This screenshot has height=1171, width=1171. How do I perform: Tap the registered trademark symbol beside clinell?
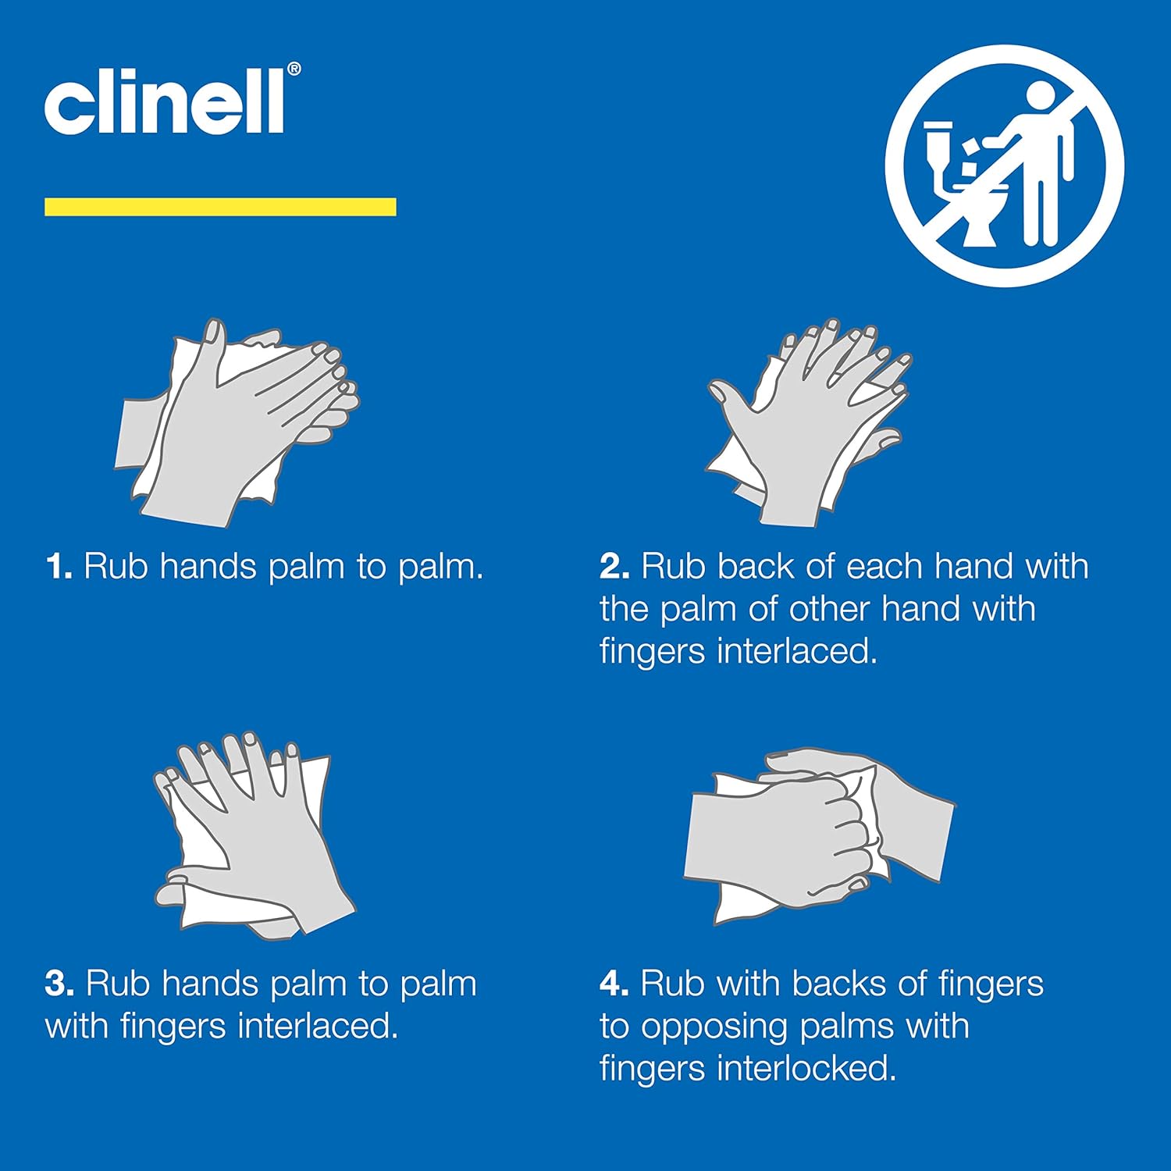(x=294, y=69)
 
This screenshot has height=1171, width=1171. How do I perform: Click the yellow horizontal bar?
(x=220, y=207)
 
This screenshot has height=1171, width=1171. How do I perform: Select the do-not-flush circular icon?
(x=1004, y=166)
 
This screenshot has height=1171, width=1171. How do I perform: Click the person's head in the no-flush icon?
(x=1040, y=98)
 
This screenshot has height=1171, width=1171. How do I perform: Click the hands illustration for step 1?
(x=238, y=422)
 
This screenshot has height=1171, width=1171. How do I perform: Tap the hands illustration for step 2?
(x=808, y=422)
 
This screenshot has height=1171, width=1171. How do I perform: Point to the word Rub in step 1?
(x=116, y=567)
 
